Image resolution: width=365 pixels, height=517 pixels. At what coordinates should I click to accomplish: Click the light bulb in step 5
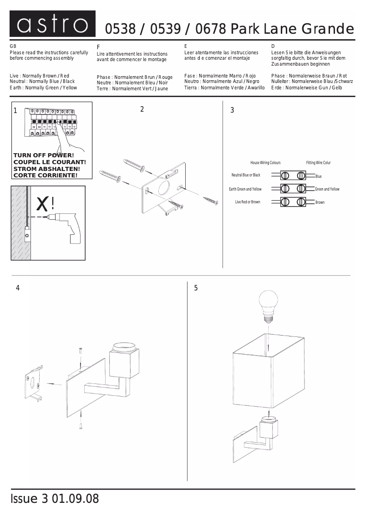tap(268, 305)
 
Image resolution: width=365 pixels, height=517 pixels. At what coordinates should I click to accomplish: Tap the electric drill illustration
tap(68, 227)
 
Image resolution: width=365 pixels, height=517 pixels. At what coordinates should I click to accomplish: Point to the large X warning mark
tap(42, 204)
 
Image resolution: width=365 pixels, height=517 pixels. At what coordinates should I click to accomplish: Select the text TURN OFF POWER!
tap(44, 155)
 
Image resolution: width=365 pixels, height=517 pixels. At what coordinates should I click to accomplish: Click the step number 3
tap(232, 110)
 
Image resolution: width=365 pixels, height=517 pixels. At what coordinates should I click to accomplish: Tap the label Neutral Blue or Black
tap(246, 175)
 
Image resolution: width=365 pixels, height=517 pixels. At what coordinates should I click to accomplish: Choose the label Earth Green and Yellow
tap(245, 189)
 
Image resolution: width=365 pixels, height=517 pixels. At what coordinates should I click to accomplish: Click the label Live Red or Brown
tap(248, 202)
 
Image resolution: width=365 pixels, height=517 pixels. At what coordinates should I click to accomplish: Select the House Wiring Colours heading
tap(265, 163)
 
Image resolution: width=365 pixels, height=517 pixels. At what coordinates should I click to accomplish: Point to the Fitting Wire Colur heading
tap(318, 163)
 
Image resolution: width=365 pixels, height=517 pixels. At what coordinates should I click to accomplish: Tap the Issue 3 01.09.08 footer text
tap(54, 499)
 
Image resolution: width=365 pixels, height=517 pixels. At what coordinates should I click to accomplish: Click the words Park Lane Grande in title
tap(292, 30)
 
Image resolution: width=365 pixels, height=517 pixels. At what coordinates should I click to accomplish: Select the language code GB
tap(13, 47)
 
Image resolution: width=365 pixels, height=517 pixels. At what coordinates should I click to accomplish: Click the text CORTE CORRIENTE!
tap(46, 175)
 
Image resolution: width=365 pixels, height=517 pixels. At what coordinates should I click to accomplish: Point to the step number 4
tap(18, 288)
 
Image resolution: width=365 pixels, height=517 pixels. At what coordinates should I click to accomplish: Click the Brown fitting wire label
tap(320, 202)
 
